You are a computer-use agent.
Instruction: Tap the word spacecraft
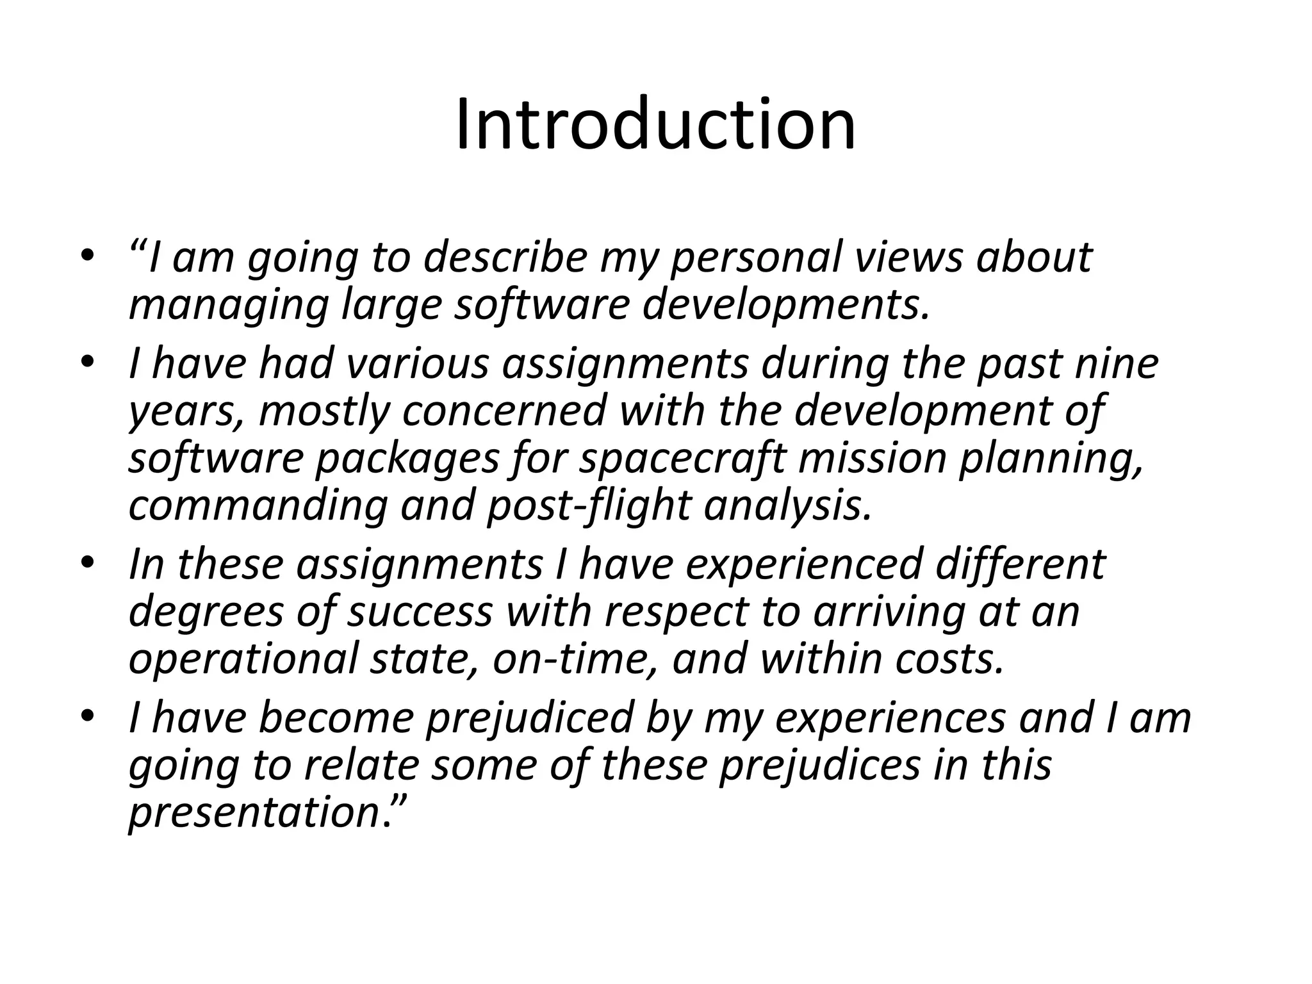coord(682,459)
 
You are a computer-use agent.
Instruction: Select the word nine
coord(1116,363)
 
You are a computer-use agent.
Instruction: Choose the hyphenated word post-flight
coord(589,506)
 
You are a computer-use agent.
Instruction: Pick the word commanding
coord(258,506)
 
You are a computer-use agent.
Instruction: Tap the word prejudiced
coord(529,717)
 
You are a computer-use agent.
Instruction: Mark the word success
coord(420,612)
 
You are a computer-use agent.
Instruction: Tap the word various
coord(418,363)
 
